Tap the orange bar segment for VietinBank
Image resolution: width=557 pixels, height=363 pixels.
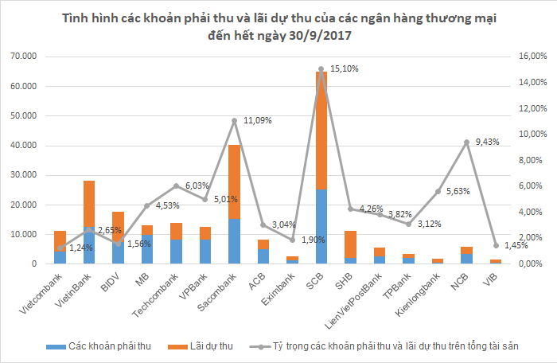pyautogui.click(x=89, y=204)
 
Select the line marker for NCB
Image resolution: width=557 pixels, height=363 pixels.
pyautogui.click(x=466, y=142)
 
